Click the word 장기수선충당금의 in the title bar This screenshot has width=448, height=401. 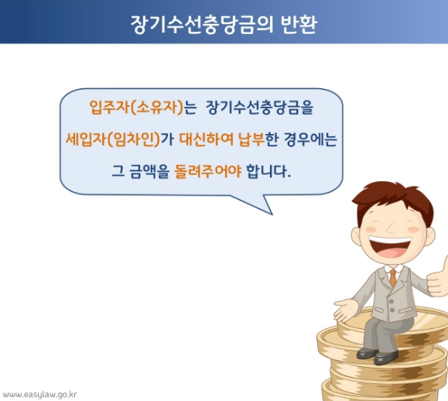200,22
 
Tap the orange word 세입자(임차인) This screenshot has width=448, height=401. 112,139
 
